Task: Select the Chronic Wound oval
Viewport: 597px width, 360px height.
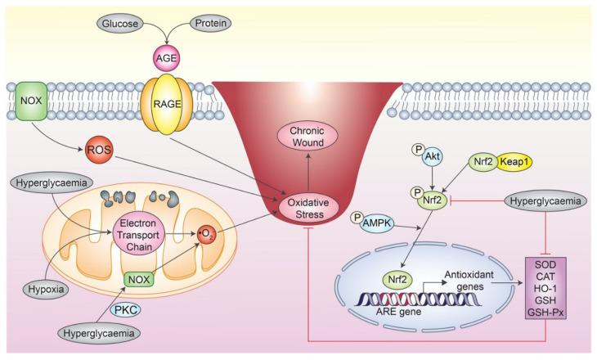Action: pos(307,138)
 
